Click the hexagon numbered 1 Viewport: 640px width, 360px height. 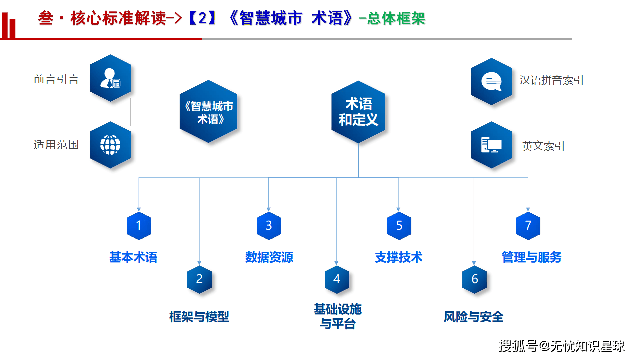(x=139, y=225)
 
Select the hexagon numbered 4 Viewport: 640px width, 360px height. (x=337, y=279)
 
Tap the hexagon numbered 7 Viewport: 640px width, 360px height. (x=528, y=225)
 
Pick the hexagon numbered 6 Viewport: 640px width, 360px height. (x=474, y=279)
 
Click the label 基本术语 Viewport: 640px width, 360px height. (x=133, y=257)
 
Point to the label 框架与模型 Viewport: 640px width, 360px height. (x=199, y=317)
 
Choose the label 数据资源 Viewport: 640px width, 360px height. (x=269, y=257)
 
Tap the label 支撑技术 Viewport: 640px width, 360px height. (x=399, y=257)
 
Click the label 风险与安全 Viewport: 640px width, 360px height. (x=474, y=317)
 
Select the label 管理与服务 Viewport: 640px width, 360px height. (x=532, y=257)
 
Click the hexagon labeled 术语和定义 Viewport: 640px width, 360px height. (x=358, y=112)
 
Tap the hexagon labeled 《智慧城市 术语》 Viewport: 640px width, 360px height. (x=209, y=112)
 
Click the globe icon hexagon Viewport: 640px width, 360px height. (x=110, y=145)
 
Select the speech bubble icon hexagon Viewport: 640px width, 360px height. (x=491, y=81)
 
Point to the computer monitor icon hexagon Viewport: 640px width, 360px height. (x=491, y=145)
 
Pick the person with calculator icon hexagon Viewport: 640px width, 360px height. (x=110, y=78)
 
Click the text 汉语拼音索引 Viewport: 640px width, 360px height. (x=552, y=80)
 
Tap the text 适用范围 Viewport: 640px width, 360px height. (x=56, y=145)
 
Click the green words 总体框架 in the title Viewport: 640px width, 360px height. (x=396, y=19)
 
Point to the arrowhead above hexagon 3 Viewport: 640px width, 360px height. (x=269, y=209)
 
